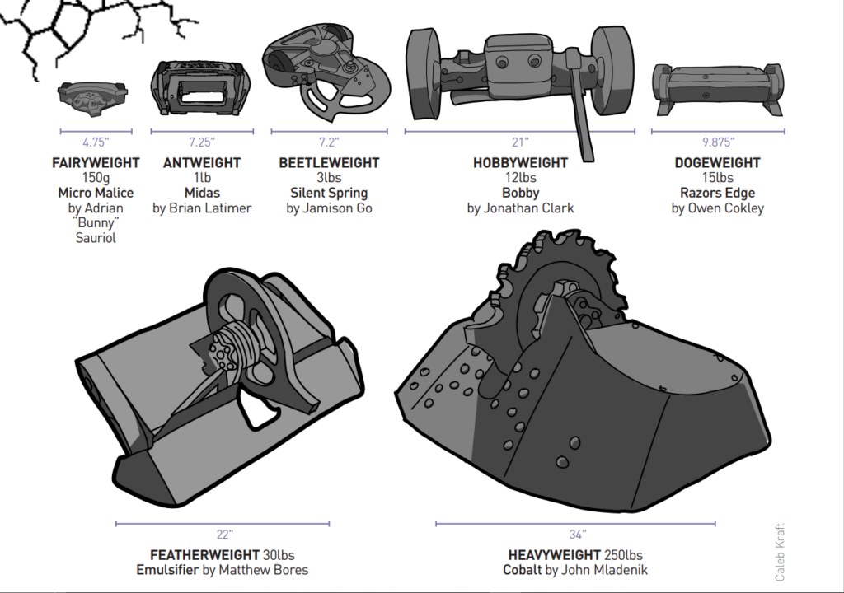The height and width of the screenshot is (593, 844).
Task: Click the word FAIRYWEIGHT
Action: coord(96,163)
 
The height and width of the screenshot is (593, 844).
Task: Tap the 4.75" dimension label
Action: coord(96,142)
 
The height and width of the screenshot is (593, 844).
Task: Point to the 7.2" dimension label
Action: coord(329,142)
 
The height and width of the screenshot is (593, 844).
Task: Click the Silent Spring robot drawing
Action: coord(326,74)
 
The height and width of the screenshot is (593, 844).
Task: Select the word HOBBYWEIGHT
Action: coord(520,163)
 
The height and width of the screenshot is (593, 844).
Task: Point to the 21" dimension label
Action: coord(520,142)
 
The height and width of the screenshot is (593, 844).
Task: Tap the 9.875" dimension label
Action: coord(717,142)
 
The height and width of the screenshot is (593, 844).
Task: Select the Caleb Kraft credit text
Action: coord(780,552)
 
